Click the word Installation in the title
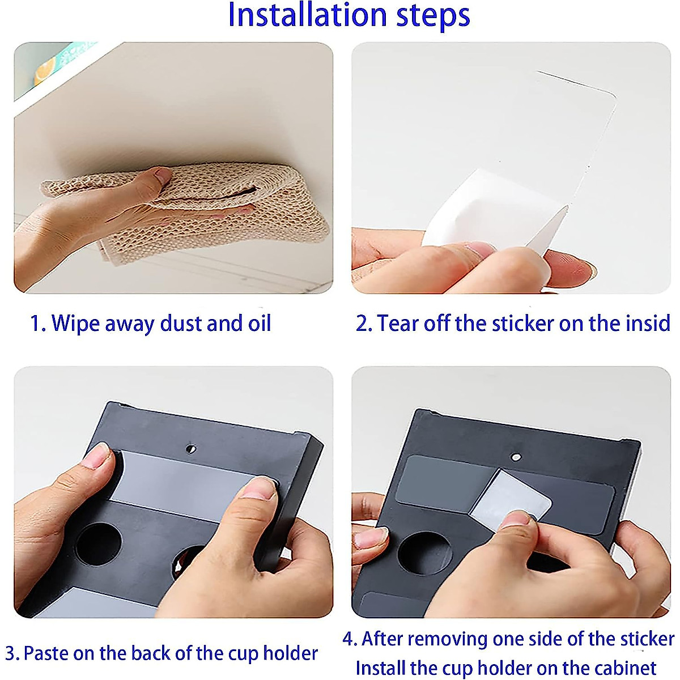point(307,14)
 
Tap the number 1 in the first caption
point(35,323)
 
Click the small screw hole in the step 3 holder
point(191,449)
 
